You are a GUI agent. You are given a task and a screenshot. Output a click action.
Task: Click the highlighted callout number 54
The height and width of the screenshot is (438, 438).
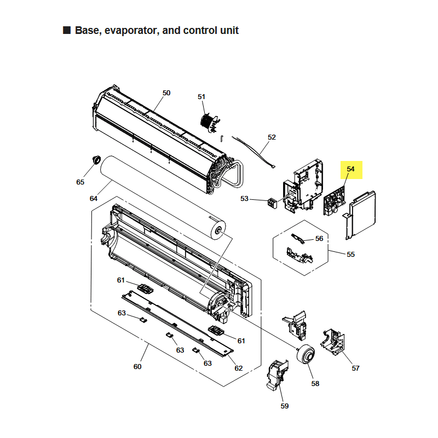point(351,169)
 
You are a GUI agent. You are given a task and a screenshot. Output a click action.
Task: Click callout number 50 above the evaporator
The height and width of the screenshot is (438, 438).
point(166,93)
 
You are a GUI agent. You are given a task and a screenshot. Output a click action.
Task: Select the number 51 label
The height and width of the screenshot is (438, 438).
point(201,97)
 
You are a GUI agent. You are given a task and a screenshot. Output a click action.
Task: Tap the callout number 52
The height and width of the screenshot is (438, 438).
point(272,137)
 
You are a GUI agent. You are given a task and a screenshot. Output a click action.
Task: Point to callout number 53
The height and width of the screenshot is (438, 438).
point(244,199)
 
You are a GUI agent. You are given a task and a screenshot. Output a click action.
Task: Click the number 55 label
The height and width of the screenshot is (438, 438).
point(351,255)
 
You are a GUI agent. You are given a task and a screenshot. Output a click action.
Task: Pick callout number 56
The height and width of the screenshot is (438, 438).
point(319,239)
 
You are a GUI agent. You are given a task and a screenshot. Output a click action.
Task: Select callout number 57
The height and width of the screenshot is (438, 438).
point(355,368)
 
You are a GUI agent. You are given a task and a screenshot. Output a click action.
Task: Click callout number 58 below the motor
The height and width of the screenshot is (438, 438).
point(315,384)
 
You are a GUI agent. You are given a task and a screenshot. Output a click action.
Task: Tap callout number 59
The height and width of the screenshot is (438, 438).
point(284,406)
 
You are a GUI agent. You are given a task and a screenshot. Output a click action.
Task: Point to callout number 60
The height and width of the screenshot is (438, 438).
point(137,366)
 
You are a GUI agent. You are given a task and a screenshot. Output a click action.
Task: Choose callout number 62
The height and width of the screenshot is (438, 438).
point(238,368)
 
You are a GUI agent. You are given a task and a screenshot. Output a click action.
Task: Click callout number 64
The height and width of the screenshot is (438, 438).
point(94,198)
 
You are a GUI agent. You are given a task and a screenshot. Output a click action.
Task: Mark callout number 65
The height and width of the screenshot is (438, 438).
point(80,181)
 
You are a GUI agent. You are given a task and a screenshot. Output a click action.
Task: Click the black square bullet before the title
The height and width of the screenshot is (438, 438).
point(67,30)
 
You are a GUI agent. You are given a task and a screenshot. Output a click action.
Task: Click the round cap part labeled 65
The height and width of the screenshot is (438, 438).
point(96,159)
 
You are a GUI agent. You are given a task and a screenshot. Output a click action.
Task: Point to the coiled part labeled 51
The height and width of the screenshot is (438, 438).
point(208,122)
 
